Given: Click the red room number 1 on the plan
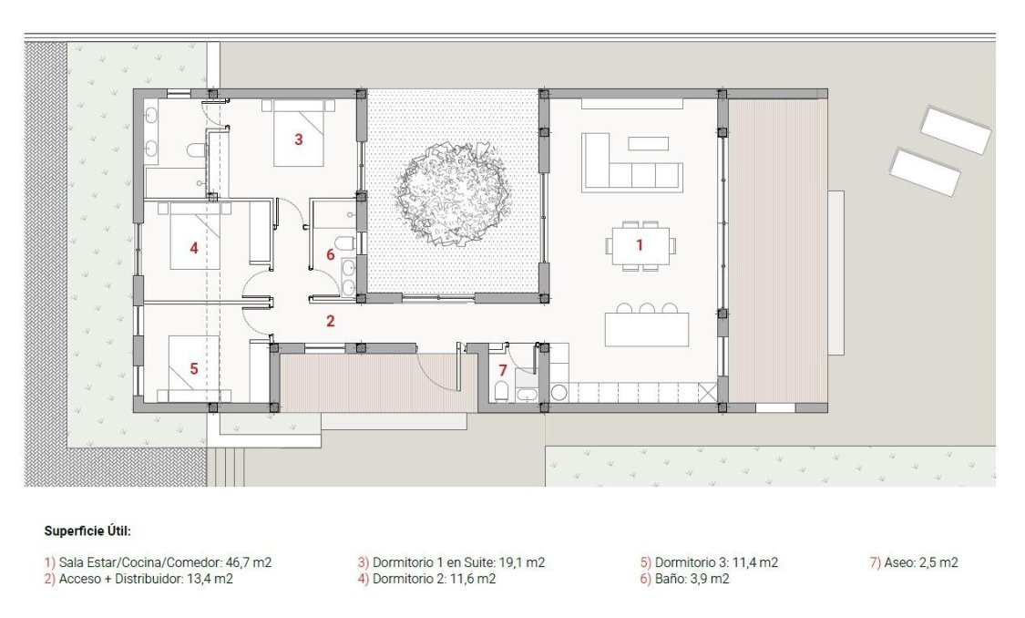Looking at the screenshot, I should point(639,244).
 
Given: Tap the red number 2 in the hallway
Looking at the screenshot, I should point(330,321).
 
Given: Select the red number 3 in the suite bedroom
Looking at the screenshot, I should point(298,139).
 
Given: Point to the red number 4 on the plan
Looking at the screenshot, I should point(193,246).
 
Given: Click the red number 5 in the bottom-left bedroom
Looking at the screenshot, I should point(193,368).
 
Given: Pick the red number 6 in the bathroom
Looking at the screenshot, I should point(330,255).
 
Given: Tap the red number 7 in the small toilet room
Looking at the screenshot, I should point(501,370).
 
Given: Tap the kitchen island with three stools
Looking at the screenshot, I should point(646,329).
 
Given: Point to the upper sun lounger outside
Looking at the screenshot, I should point(955,129).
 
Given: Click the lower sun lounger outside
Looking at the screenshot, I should point(924,172).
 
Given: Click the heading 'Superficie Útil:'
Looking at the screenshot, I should point(87,530).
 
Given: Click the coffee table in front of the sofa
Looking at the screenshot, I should point(648,143).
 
